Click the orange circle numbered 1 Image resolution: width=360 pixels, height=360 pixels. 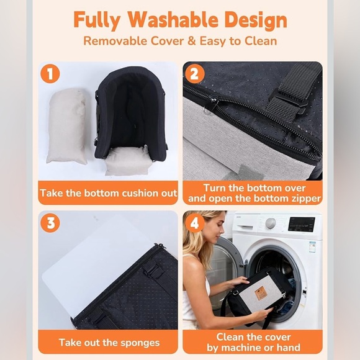coord(50,74)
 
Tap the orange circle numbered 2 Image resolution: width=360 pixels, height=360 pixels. coord(194,74)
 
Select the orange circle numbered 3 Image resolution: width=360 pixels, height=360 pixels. coord(50,222)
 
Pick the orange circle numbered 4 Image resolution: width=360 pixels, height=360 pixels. coord(194,222)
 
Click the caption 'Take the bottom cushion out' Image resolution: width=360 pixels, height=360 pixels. coord(109,193)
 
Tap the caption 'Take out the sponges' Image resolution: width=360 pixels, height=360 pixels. coord(109,342)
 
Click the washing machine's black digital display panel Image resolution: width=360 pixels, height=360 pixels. coord(302,224)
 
